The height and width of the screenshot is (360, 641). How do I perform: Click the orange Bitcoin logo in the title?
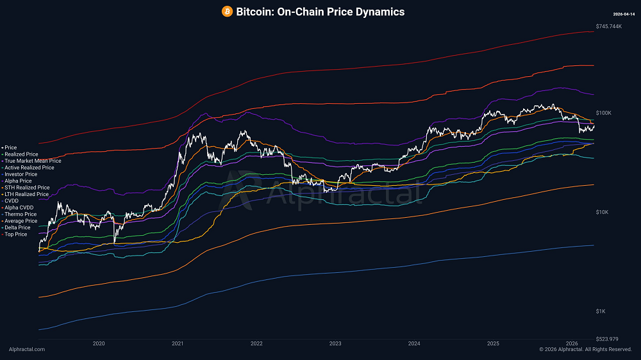click(x=227, y=12)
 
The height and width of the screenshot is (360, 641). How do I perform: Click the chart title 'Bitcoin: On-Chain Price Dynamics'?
click(x=320, y=12)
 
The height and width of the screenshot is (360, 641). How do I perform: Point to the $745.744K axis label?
click(x=608, y=26)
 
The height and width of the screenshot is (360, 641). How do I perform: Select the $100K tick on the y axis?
click(x=603, y=113)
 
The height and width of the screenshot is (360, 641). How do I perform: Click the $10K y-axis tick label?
click(x=602, y=212)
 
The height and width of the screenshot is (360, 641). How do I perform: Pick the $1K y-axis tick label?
click(x=601, y=311)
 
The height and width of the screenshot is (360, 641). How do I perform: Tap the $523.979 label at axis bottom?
click(x=606, y=339)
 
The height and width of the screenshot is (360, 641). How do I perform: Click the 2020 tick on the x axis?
click(x=99, y=344)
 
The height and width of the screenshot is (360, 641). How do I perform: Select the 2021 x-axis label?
click(x=178, y=344)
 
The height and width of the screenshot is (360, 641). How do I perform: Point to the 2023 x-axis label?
click(x=335, y=344)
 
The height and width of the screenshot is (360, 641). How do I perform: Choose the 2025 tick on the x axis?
click(x=493, y=344)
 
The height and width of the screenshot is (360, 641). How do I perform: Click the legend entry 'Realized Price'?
click(x=21, y=154)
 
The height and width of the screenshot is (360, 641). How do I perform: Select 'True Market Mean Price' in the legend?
click(x=33, y=161)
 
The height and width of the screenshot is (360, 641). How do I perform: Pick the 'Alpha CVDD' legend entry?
click(x=19, y=208)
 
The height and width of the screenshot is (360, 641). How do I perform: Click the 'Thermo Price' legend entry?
click(x=21, y=215)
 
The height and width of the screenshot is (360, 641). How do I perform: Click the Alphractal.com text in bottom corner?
click(x=27, y=349)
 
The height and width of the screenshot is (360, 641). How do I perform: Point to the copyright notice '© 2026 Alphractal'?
click(x=585, y=349)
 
